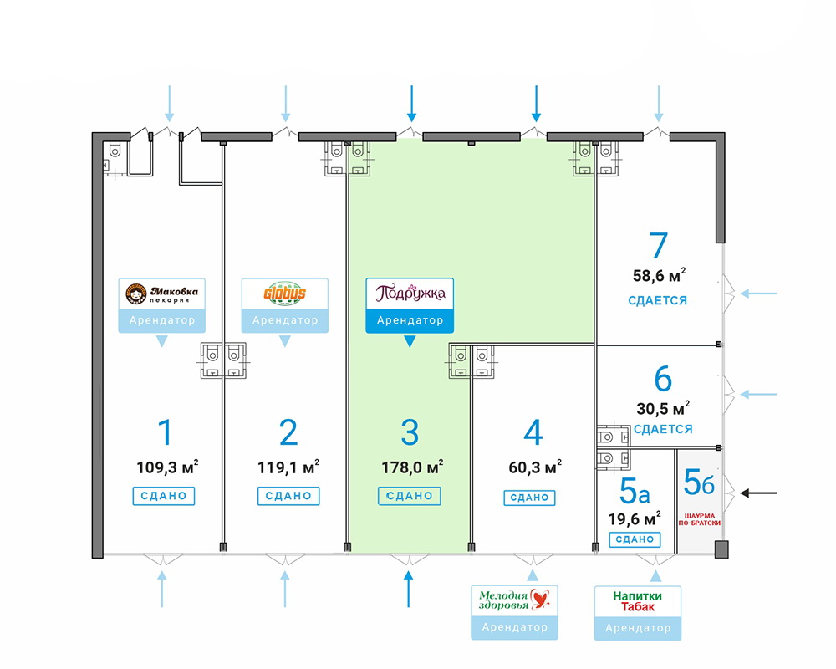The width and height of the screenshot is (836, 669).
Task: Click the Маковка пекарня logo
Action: [x=161, y=294]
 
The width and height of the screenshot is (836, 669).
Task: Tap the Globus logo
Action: [x=285, y=294]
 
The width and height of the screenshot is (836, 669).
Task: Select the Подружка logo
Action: [x=410, y=293]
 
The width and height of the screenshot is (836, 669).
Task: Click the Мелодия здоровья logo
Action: [x=514, y=600]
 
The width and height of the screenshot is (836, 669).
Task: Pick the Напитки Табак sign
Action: [x=638, y=601]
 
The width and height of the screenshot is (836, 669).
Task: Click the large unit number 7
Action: [x=659, y=246]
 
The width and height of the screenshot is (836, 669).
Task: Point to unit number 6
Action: [x=663, y=380]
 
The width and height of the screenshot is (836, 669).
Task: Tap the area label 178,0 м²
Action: [x=412, y=467]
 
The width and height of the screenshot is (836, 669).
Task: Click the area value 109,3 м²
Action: [x=167, y=467]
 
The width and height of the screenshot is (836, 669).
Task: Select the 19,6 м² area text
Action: [x=635, y=518]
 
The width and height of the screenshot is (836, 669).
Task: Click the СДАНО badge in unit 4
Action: [x=529, y=498]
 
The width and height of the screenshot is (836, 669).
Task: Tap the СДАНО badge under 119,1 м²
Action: [x=288, y=496]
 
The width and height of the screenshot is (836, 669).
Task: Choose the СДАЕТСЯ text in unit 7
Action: [x=657, y=300]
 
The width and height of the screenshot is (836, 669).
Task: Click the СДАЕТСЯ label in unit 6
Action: [x=663, y=429]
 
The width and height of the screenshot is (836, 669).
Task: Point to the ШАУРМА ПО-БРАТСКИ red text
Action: [x=700, y=519]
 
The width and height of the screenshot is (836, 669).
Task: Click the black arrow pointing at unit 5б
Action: [x=759, y=493]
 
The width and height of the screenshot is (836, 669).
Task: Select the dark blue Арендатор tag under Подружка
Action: [x=410, y=320]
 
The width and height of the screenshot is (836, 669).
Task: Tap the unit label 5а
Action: [x=635, y=492]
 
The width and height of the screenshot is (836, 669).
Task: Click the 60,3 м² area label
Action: [x=535, y=467]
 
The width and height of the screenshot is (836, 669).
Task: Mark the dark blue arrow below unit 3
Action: [x=409, y=589]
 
